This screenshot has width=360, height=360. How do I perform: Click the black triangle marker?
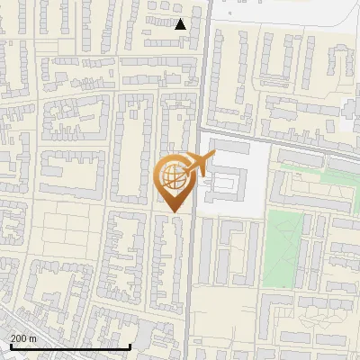click(x=181, y=24)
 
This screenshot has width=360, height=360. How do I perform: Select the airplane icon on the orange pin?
click(x=200, y=165)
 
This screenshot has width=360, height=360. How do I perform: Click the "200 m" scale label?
click(x=24, y=338)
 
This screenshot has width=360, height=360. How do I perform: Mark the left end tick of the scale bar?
click(x=11, y=346)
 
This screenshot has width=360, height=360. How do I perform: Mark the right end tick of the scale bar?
click(x=130, y=346)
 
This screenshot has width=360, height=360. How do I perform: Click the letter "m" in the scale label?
click(x=33, y=338)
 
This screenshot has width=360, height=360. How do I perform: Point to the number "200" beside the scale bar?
click(x=20, y=338)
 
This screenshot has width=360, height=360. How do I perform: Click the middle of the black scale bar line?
click(x=70, y=346)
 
